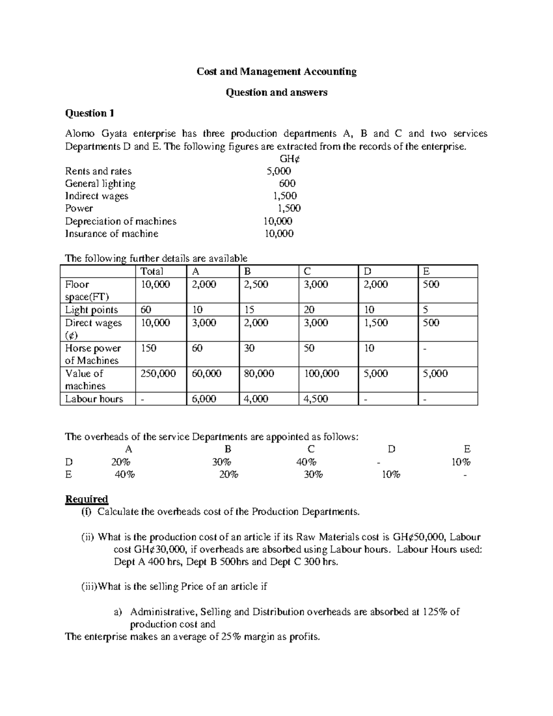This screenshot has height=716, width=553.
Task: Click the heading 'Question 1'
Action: tap(89, 113)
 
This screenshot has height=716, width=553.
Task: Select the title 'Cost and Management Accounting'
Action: tap(276, 71)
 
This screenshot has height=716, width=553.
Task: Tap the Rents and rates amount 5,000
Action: tap(279, 171)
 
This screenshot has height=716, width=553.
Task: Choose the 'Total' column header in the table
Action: tap(152, 272)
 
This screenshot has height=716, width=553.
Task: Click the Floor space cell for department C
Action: tap(316, 284)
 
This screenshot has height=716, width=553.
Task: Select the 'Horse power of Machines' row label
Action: tap(93, 354)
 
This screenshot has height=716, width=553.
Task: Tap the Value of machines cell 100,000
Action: tap(321, 373)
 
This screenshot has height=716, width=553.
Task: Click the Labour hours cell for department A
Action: tap(204, 399)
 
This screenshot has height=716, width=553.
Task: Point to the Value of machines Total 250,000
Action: tap(158, 373)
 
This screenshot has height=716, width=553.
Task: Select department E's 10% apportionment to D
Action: tap(391, 474)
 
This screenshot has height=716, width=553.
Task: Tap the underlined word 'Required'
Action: tap(87, 499)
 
